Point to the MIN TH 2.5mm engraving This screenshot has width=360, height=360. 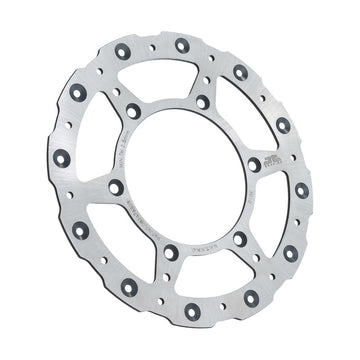pos(147,132)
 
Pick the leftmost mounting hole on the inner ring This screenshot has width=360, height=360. pos(116,187)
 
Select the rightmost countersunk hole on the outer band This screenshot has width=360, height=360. pos(301,190)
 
